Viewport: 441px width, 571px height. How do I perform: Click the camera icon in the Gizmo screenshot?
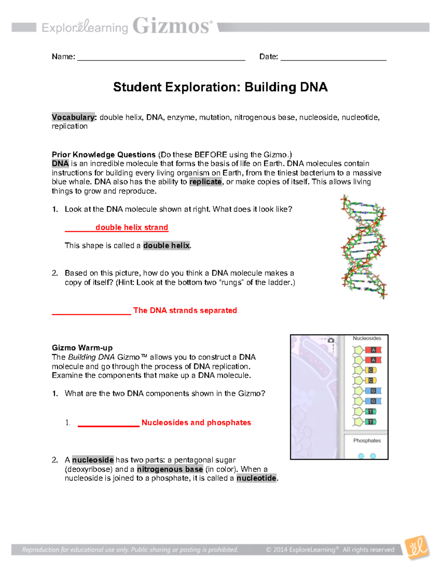pyautogui.click(x=331, y=340)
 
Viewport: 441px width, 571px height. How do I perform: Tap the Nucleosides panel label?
pyautogui.click(x=367, y=338)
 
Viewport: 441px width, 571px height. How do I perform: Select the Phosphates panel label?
pyautogui.click(x=367, y=440)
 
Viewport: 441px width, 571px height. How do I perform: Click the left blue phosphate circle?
pyautogui.click(x=361, y=456)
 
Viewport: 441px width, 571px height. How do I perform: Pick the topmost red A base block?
pyautogui.click(x=373, y=350)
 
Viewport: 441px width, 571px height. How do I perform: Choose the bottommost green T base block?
pyautogui.click(x=371, y=422)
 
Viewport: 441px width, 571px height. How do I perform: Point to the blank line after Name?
pyautogui.click(x=161, y=57)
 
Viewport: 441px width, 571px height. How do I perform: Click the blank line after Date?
pyautogui.click(x=333, y=57)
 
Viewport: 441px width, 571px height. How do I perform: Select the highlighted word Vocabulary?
pyautogui.click(x=73, y=117)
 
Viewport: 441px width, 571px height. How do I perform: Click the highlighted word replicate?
pyautogui.click(x=205, y=182)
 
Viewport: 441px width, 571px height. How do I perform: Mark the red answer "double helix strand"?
pyautogui.click(x=132, y=227)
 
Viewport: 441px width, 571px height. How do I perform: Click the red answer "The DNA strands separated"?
pyautogui.click(x=185, y=310)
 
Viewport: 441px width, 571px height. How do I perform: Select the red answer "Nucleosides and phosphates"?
pyautogui.click(x=196, y=422)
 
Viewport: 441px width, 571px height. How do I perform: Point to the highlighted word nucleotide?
pyautogui.click(x=256, y=478)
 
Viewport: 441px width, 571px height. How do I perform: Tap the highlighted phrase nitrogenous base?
pyautogui.click(x=170, y=469)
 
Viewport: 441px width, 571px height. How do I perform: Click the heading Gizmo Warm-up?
pyautogui.click(x=82, y=348)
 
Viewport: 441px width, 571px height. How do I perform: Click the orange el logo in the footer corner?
pyautogui.click(x=417, y=547)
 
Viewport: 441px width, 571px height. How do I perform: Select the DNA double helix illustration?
pyautogui.click(x=363, y=246)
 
